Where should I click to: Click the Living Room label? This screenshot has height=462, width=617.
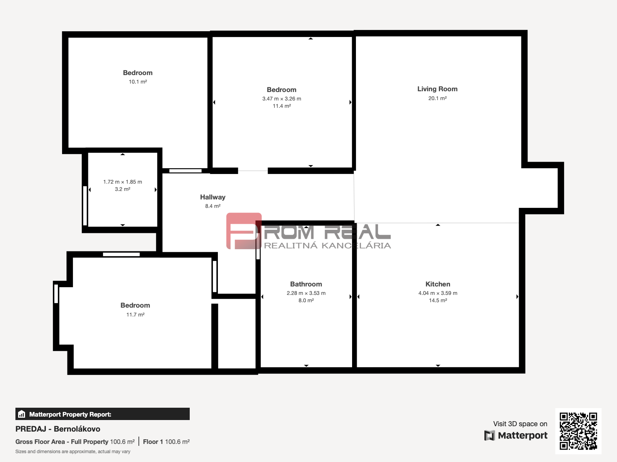point(437,89)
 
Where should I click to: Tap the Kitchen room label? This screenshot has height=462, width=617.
point(438,284)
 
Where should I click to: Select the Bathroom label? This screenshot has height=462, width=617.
point(306,284)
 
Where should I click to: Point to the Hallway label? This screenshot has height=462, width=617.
point(213,197)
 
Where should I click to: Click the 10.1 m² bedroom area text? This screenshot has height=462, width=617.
point(138,82)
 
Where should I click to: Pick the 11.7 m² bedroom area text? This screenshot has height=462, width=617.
point(135,315)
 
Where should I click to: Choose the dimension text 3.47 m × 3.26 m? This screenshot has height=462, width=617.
point(282,99)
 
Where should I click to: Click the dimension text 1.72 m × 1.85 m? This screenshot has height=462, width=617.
point(123,182)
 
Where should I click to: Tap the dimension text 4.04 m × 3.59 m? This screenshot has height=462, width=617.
point(438,293)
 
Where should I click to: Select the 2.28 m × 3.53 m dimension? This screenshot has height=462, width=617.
point(306,293)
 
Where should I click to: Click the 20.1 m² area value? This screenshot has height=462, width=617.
point(437,98)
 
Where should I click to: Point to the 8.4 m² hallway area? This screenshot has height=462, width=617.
point(213,206)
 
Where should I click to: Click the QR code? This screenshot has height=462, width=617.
point(578,431)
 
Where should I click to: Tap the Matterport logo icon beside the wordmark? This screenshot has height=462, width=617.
point(489,435)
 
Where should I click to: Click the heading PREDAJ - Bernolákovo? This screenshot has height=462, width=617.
point(57,429)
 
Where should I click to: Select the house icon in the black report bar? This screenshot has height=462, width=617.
point(22,414)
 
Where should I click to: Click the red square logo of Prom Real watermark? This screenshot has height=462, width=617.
point(244,231)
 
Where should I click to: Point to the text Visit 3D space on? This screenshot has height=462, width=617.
point(520,424)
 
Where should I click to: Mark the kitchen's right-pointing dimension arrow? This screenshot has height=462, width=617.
point(517,296)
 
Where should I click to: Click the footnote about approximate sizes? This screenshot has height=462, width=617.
point(73,452)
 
